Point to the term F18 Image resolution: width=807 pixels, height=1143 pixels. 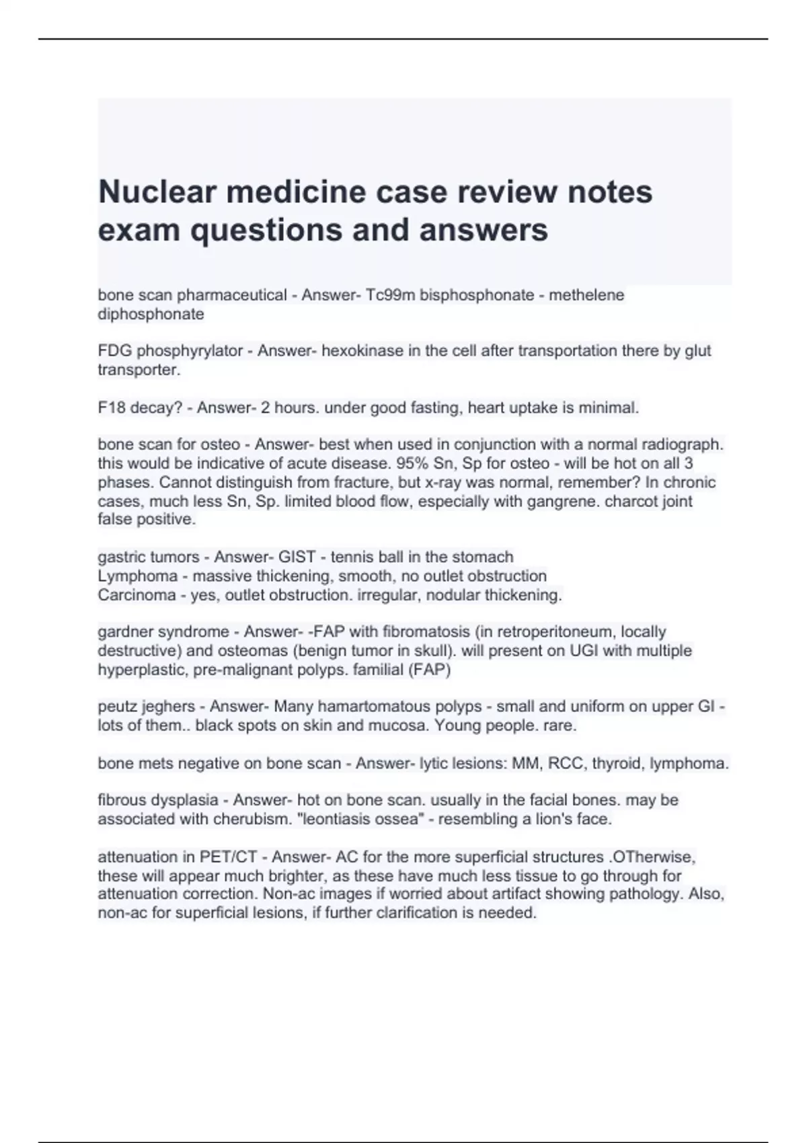coord(112,407)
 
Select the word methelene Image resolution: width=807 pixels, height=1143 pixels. coord(586,295)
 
